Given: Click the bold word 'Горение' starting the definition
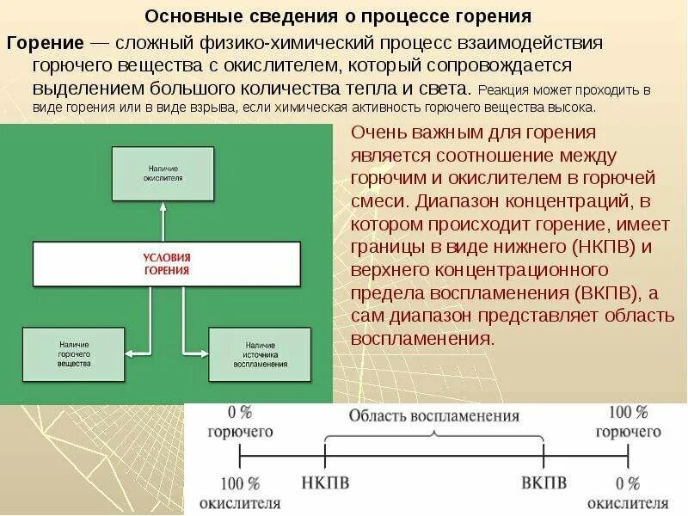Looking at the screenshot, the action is pos(45,43).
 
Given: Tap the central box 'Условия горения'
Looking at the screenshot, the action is pos(167,263).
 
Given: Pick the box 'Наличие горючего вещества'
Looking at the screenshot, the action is pos(74,353).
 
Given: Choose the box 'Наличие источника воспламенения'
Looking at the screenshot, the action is pos(260,353).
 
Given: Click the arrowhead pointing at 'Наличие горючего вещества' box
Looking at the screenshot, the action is pos(130,351).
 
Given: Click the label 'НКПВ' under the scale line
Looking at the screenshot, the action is pos(326,482).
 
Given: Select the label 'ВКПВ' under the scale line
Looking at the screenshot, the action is pos(544,482).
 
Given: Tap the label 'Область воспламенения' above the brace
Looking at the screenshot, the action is pos(433,416).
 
